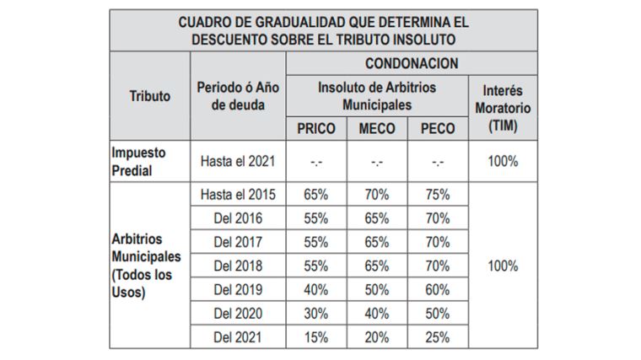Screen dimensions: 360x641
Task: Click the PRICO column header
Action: click(x=316, y=128)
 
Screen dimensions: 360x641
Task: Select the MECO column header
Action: click(x=377, y=128)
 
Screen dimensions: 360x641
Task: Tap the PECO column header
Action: click(x=437, y=128)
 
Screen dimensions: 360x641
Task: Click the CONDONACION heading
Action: click(x=411, y=63)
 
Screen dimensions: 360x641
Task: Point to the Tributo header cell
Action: click(x=149, y=96)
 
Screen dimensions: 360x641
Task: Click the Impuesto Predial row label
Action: click(x=139, y=161)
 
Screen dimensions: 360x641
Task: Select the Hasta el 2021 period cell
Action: click(x=238, y=161)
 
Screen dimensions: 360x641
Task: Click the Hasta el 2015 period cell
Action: click(x=238, y=194)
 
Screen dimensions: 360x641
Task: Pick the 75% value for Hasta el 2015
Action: click(x=437, y=194)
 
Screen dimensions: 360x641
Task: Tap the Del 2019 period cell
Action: click(x=238, y=289)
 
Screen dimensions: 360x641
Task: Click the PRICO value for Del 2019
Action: click(x=316, y=289)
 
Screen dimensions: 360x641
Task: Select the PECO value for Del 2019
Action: click(x=437, y=289)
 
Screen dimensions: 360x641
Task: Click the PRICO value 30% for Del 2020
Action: click(x=316, y=313)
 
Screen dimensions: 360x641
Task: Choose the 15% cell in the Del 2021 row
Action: click(x=316, y=336)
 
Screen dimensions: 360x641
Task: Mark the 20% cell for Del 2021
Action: click(x=377, y=336)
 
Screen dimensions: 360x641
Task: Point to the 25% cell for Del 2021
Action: click(x=437, y=336)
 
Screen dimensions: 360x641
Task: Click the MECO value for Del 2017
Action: click(x=377, y=242)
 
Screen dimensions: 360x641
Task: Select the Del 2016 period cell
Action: click(x=238, y=218)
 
